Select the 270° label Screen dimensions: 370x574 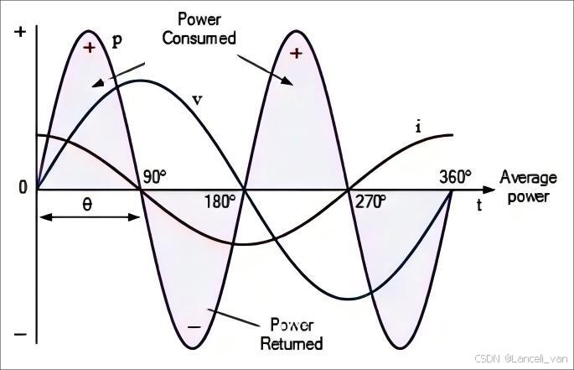pos(370,202)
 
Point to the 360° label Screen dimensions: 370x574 pos(455,176)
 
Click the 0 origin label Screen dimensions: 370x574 pos(23,187)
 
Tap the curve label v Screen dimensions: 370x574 pos(197,100)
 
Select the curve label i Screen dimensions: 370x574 pos(418,127)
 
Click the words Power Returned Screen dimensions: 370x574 pos(292,334)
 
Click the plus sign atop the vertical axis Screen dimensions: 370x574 pos(21,32)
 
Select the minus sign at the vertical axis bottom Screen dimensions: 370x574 pos(21,335)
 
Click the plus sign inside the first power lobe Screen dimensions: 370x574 pos(90,48)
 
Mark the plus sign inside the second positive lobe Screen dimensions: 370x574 pos(296,54)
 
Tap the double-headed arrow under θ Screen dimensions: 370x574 pos(88,217)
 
